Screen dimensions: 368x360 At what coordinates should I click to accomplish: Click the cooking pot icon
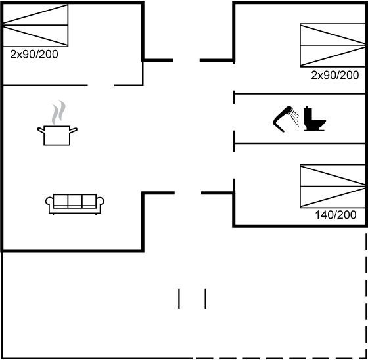point(57,135)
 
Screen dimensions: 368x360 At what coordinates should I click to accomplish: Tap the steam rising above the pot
point(58,112)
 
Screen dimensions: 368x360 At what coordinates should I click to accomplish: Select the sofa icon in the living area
point(75,204)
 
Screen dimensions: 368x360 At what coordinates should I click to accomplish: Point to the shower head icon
point(286,119)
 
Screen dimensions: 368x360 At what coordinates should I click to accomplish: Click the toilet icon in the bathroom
point(314,119)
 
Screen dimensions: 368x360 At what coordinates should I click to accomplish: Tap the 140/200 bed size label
point(335,215)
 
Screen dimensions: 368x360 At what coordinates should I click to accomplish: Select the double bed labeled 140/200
point(333,186)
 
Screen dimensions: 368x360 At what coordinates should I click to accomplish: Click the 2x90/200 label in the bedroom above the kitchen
point(34,55)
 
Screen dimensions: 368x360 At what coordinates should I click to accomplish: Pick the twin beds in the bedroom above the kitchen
point(35,25)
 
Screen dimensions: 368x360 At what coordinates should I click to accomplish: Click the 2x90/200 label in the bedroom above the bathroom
point(335,75)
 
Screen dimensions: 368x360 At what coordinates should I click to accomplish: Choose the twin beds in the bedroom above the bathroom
point(333,45)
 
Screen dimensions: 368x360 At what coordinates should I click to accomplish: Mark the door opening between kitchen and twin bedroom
point(101,85)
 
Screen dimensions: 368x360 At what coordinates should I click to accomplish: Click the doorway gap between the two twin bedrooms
point(187,60)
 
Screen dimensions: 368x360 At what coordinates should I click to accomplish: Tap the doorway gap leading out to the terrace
point(188,193)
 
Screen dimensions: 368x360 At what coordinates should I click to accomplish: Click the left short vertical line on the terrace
point(179,298)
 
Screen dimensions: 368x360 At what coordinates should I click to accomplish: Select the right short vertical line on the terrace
point(205,298)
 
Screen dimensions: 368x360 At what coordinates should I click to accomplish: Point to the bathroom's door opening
point(234,118)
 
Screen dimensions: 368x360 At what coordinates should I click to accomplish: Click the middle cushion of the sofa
point(75,201)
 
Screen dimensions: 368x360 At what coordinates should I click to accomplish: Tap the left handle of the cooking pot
point(41,130)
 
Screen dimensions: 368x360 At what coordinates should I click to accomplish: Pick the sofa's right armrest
point(101,202)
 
